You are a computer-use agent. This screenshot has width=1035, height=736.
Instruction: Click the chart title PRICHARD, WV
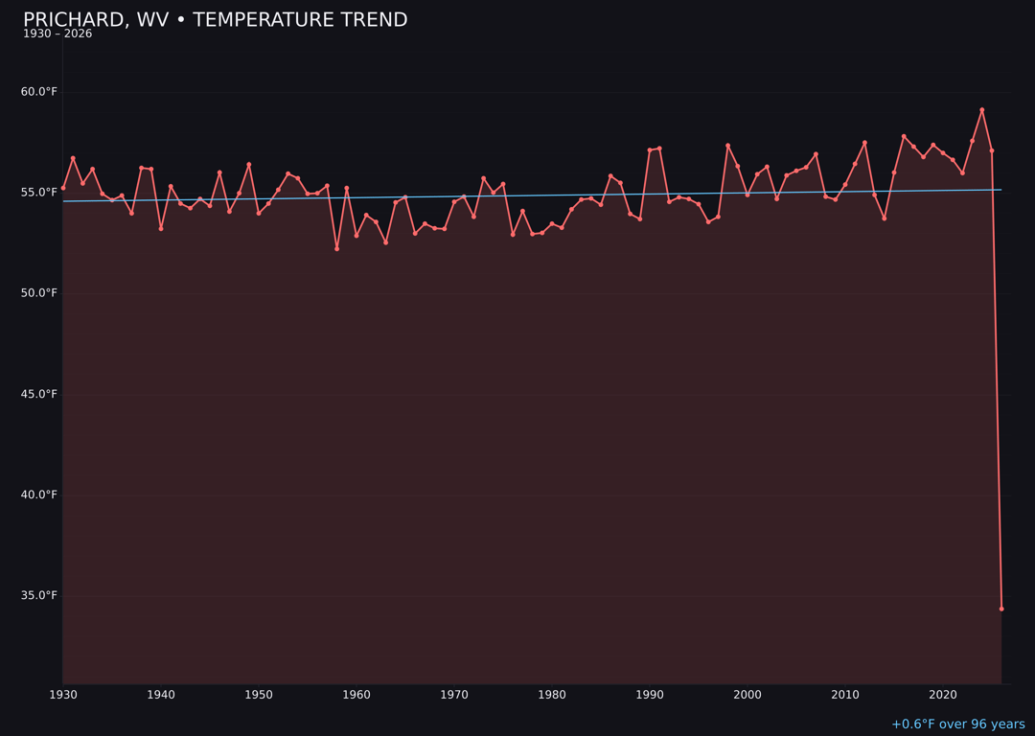[215, 20]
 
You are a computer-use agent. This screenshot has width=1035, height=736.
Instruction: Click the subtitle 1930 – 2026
[57, 34]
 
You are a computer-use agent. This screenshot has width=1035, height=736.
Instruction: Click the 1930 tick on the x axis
[63, 695]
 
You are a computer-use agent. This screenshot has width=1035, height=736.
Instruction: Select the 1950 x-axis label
[259, 695]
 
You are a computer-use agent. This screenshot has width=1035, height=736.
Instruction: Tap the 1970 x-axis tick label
[454, 695]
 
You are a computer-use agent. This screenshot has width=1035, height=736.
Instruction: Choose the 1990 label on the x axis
[650, 695]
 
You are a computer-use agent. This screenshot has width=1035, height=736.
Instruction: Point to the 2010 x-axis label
[845, 695]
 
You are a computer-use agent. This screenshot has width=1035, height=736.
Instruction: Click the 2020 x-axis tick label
[943, 695]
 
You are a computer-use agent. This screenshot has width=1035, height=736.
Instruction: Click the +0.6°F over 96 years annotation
[957, 724]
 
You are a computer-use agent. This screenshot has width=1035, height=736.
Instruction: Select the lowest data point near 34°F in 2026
[1001, 609]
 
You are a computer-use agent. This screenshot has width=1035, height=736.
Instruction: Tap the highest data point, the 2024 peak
[981, 110]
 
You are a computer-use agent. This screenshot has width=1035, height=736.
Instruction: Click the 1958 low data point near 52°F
[336, 248]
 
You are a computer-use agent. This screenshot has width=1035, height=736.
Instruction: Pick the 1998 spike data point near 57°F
[727, 146]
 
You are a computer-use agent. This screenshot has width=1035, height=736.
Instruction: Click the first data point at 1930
[63, 188]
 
